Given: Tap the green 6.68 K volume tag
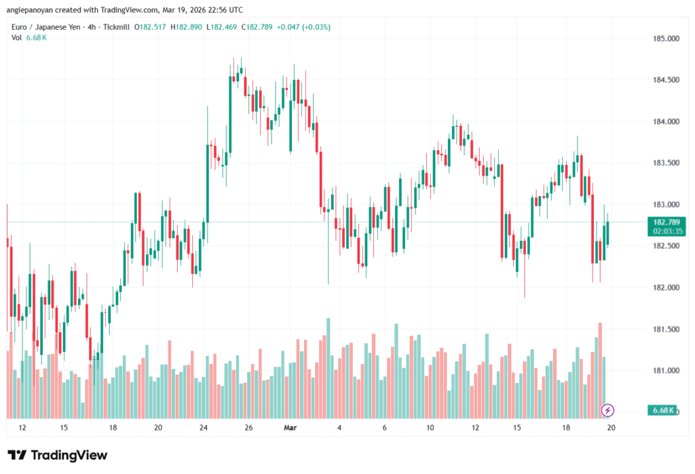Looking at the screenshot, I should (662, 410).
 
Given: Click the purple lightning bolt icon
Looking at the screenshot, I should (608, 410).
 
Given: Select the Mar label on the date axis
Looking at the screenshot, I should (290, 428).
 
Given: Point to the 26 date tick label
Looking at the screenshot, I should (248, 428).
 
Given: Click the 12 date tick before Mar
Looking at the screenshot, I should (22, 428).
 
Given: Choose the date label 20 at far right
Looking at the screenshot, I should (611, 428).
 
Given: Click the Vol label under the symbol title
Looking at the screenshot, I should (16, 37).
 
